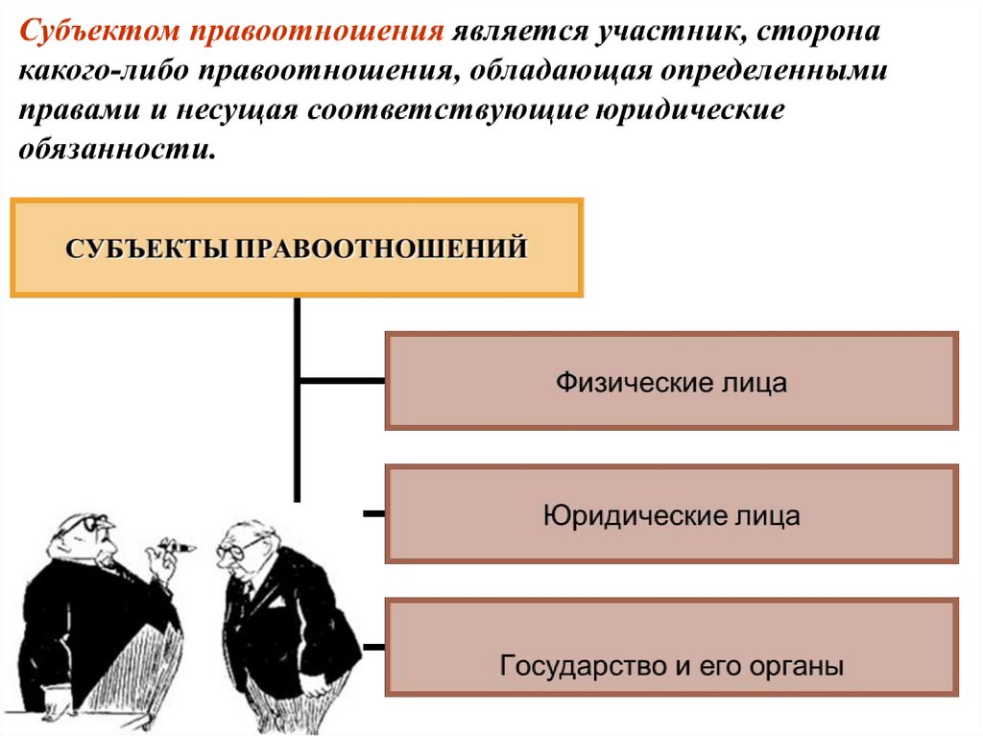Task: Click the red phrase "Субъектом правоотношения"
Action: click(230, 32)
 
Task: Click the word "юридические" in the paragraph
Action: click(676, 110)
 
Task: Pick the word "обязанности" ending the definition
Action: click(114, 149)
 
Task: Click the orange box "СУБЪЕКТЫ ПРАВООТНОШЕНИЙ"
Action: click(297, 248)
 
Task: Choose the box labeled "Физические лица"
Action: click(671, 381)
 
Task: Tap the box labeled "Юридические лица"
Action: click(671, 514)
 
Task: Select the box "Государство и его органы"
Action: click(671, 648)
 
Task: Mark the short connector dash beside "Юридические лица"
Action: click(373, 514)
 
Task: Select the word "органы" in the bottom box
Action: click(799, 665)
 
